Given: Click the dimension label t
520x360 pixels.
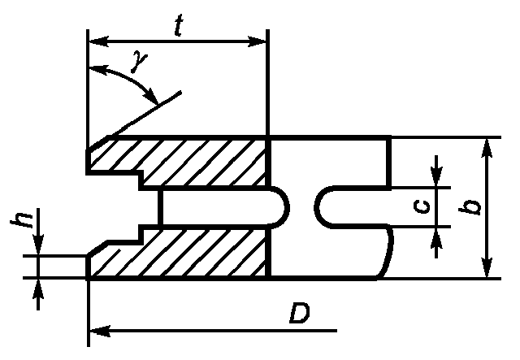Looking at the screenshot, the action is point(179,26).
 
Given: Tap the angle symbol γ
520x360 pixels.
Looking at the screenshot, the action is point(139,62).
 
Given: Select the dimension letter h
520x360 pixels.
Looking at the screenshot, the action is point(22,219).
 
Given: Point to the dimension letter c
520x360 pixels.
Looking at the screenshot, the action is point(422,207).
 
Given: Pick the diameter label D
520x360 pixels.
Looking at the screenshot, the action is point(300,312).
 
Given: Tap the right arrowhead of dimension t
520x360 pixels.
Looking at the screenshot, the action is point(257,41).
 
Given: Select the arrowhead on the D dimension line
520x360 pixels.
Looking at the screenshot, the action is point(100,331).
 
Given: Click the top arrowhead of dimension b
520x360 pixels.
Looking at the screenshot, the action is point(486,148).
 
